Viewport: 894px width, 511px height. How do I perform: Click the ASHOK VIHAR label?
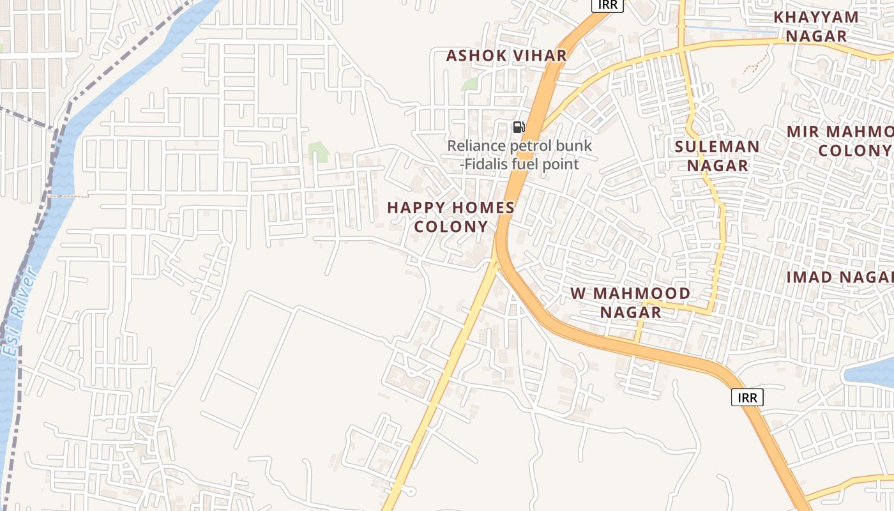(x=506, y=56)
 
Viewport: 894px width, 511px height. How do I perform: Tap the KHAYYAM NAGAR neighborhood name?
(x=815, y=27)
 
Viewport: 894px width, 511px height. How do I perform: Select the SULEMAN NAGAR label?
(x=717, y=156)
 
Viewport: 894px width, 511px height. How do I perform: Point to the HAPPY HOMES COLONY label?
(x=451, y=217)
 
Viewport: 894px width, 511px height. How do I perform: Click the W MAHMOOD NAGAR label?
(x=630, y=303)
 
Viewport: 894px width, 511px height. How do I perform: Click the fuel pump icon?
(x=519, y=127)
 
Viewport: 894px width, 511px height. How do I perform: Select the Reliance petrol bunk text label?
(x=519, y=155)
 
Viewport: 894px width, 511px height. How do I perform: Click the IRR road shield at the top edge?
(x=607, y=5)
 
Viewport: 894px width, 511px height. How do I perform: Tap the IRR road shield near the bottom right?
(x=747, y=398)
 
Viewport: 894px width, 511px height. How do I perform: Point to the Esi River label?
(x=19, y=313)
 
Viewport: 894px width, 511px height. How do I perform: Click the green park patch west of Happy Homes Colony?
(x=318, y=152)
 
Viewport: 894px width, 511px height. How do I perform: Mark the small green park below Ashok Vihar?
(x=471, y=84)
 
